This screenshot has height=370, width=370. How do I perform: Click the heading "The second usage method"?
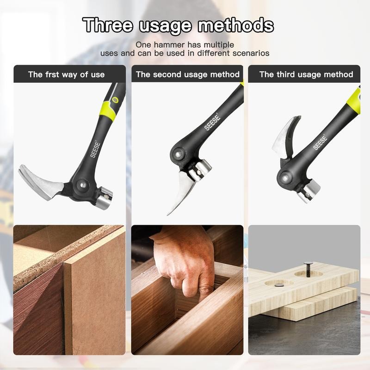tap(187, 74)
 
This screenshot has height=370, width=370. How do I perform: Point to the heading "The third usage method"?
tap(306, 74)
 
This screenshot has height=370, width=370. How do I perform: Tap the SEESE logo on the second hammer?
tap(213, 122)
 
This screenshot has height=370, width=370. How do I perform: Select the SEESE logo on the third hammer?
tap(320, 142)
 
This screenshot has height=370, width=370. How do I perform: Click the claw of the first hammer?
tap(39, 179)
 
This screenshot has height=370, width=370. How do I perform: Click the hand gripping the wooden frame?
tap(185, 259)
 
